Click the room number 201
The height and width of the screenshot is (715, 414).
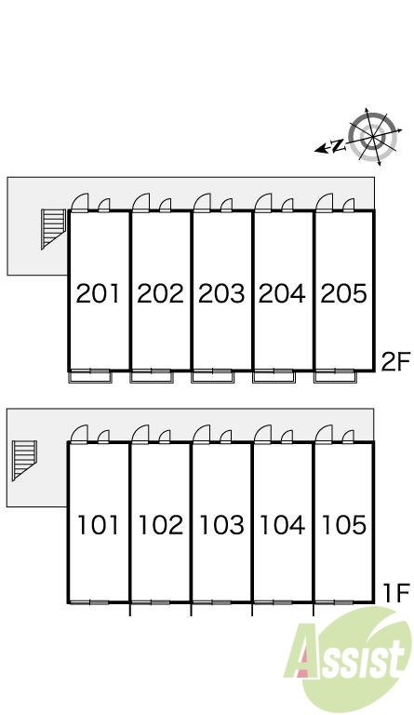point(98,293)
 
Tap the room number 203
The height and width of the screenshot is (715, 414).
point(221,293)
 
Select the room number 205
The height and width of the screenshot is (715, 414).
point(344,293)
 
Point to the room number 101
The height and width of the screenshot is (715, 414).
point(98,525)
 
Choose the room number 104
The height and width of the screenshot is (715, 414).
point(282,525)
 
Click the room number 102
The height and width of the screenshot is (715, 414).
point(160,525)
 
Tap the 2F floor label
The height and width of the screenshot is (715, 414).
point(395,362)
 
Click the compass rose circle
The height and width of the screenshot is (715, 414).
point(372,136)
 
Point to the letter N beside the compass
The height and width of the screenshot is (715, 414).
point(338,146)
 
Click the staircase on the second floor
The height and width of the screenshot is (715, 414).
point(53,229)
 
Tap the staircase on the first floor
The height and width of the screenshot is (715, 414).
point(24,461)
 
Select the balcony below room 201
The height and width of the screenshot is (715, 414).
point(89,377)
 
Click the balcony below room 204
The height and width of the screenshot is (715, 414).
point(274,377)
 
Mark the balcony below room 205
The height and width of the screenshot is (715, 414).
point(335,377)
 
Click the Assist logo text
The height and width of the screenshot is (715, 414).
point(345,654)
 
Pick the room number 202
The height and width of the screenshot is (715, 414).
point(160,293)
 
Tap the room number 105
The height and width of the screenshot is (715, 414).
point(344,525)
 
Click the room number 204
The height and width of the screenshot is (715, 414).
point(282,293)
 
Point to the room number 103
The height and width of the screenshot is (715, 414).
point(221,525)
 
